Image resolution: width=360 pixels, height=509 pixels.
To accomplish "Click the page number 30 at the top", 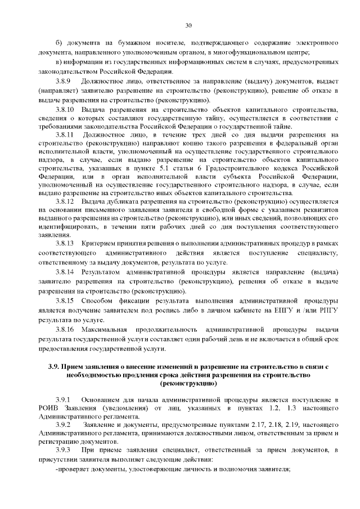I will (188, 25).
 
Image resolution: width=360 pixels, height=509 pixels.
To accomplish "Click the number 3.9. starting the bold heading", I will (53, 367).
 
